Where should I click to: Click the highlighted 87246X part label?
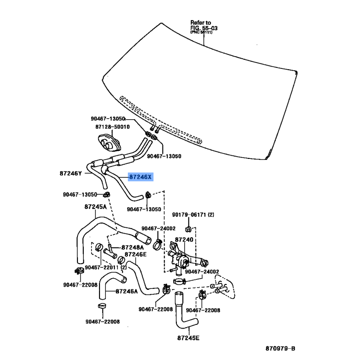[x=140, y=177]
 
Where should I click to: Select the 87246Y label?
[x=71, y=173]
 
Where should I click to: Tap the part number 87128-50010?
[x=112, y=127]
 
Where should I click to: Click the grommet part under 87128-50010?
[x=109, y=143]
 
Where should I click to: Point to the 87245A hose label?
[x=95, y=207]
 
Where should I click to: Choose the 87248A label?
[x=132, y=247]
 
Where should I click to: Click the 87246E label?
[x=135, y=254]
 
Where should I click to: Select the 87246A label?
[x=126, y=291]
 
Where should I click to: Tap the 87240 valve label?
[x=184, y=240]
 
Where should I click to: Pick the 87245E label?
[x=188, y=338]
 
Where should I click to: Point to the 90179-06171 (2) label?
[x=193, y=215]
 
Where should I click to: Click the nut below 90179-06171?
[x=188, y=229]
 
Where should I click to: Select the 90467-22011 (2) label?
[x=106, y=267]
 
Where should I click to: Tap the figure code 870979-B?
[x=280, y=348]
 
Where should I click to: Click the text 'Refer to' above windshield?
[x=201, y=22]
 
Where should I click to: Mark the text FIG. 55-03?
[x=204, y=28]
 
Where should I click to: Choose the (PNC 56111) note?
[x=201, y=32]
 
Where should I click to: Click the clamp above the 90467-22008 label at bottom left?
[x=102, y=306]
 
